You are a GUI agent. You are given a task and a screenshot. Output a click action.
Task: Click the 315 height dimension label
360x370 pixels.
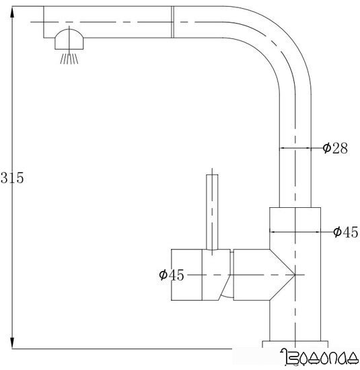12,179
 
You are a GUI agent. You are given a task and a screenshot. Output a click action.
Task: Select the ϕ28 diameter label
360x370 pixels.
334,149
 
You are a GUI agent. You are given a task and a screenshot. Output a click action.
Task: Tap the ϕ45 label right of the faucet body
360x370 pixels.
345,232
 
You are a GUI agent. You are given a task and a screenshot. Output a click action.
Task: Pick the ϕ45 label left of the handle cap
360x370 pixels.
172,274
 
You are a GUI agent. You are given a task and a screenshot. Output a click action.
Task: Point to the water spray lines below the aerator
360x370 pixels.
69,59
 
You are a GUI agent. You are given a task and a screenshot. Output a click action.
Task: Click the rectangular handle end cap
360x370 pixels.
187,274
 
